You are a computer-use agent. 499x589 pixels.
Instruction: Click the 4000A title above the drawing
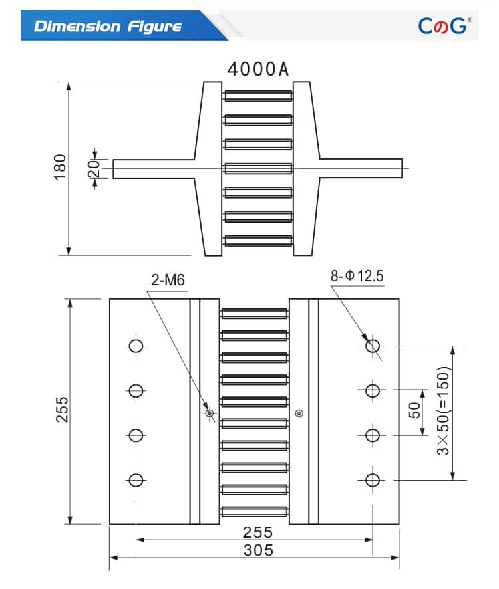coord(258,69)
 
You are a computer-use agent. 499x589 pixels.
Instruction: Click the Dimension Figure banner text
coord(107,27)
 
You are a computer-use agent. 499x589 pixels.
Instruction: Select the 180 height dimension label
coord(61,167)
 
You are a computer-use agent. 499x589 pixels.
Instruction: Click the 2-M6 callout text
coord(168,281)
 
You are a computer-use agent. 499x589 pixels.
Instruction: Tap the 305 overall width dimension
coord(257,550)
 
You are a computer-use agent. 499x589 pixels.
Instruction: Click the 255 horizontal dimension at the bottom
coord(257,532)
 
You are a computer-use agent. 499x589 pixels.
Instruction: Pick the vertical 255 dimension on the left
coord(61,410)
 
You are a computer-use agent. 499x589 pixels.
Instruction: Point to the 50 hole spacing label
coord(414,411)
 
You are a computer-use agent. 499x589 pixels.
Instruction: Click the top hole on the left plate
coord(136,346)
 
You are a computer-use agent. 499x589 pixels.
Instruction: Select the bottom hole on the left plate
coord(136,479)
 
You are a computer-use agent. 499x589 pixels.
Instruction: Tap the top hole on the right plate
coord(373,346)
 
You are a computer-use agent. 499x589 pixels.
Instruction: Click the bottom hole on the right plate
coord(373,479)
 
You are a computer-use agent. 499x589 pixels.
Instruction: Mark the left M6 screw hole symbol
coord(210,413)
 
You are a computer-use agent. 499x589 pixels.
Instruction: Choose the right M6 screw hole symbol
coord(299,413)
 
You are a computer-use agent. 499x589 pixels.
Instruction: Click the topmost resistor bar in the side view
coord(258,96)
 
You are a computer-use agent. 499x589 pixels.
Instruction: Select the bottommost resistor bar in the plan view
coord(255,511)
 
